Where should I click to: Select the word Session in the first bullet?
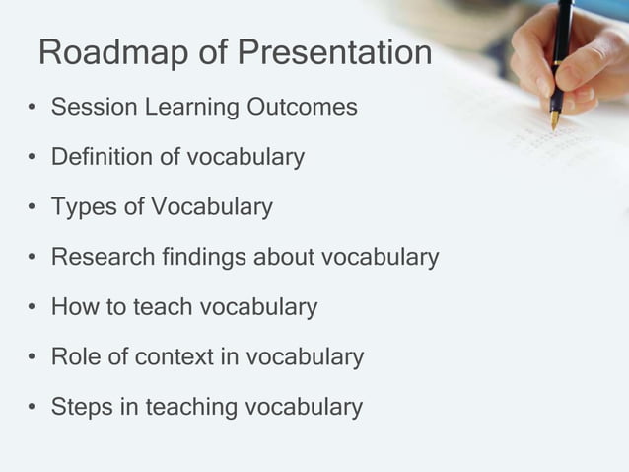(84, 107)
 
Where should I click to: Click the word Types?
(80, 207)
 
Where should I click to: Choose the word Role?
(75, 357)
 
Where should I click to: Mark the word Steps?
(79, 407)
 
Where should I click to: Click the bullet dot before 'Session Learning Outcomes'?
(33, 108)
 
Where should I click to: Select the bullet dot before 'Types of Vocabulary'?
(33, 208)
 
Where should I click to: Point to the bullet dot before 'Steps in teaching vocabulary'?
(33, 408)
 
